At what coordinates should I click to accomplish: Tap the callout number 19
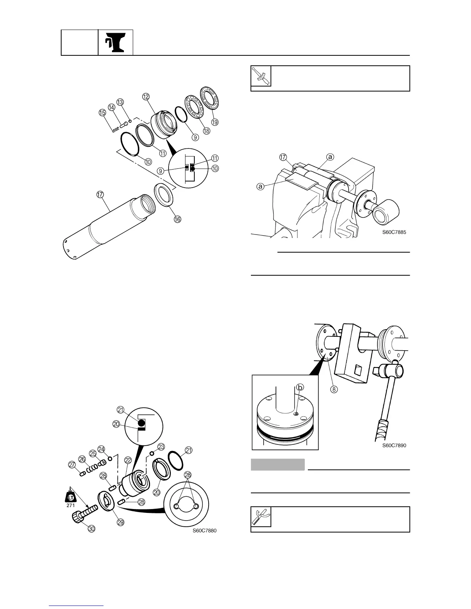[x=215, y=122]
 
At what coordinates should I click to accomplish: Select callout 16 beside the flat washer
[x=177, y=219]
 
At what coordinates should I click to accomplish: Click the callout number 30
[x=91, y=529]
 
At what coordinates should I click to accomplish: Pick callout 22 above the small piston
[x=128, y=460]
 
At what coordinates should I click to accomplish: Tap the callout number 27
[x=72, y=464]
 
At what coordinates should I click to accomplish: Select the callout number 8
[x=334, y=389]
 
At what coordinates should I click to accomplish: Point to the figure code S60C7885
[x=394, y=232]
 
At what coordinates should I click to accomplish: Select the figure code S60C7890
[x=394, y=446]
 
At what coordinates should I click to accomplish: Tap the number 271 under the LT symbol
[x=70, y=505]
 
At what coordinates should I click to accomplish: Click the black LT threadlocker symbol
[x=70, y=496]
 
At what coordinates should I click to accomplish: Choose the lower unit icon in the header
[x=115, y=42]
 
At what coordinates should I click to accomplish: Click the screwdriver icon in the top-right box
[x=261, y=76]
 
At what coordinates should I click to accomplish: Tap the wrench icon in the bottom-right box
[x=261, y=517]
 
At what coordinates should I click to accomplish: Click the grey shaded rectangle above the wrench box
[x=278, y=464]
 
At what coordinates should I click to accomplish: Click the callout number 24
[x=102, y=449]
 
